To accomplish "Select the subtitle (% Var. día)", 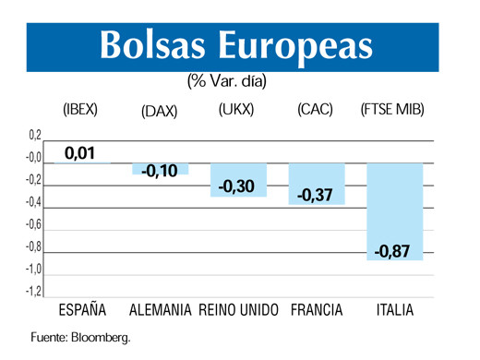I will click(x=226, y=82).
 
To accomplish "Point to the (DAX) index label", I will click(x=160, y=112).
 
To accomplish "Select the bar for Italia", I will click(x=395, y=211).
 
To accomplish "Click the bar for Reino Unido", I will click(x=238, y=180).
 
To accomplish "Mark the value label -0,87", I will click(x=395, y=251).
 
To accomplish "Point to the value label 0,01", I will click(x=81, y=152).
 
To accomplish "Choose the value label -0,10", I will click(x=160, y=171).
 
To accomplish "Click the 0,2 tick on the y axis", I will click(x=34, y=136).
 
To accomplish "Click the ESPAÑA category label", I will click(x=81, y=309).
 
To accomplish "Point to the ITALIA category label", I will click(x=395, y=309).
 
